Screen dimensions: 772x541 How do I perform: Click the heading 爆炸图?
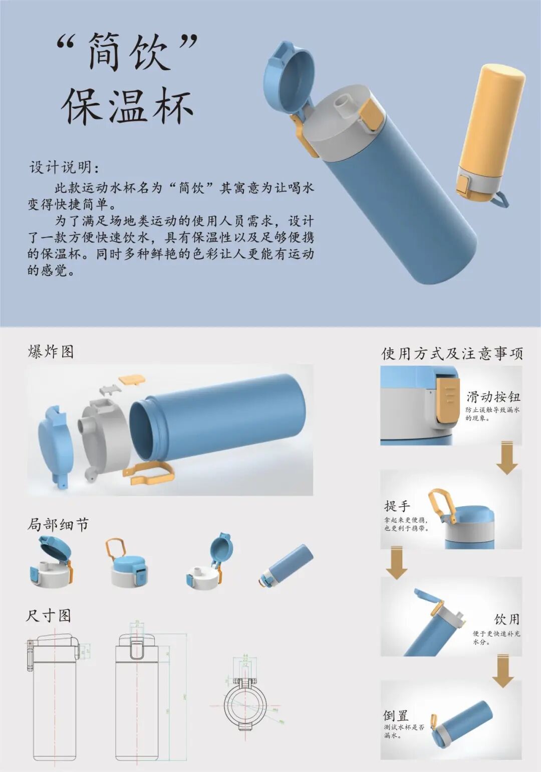coord(51,352)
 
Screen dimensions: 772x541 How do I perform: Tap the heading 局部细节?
coord(58,525)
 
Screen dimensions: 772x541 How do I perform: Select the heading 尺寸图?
coord(49,615)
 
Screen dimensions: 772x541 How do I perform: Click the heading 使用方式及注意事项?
coord(452,354)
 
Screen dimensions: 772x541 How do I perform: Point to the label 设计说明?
coord(65,167)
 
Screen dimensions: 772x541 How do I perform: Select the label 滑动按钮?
coord(493,397)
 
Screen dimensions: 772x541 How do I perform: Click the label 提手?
coord(397,506)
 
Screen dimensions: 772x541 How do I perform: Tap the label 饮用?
coord(507,619)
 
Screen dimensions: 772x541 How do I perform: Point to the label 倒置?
coord(396,715)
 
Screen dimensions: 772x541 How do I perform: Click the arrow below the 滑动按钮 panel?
coord(507,457)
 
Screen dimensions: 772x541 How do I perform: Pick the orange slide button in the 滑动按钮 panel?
coord(448,400)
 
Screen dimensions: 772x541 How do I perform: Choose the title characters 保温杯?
coord(128,107)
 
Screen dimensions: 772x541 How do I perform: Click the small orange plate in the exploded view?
coord(132,378)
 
